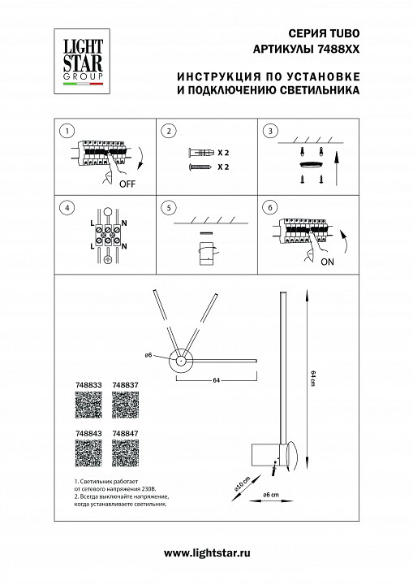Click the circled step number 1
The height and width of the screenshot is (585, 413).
[67, 130]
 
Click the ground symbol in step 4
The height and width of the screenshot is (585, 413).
[106, 261]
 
